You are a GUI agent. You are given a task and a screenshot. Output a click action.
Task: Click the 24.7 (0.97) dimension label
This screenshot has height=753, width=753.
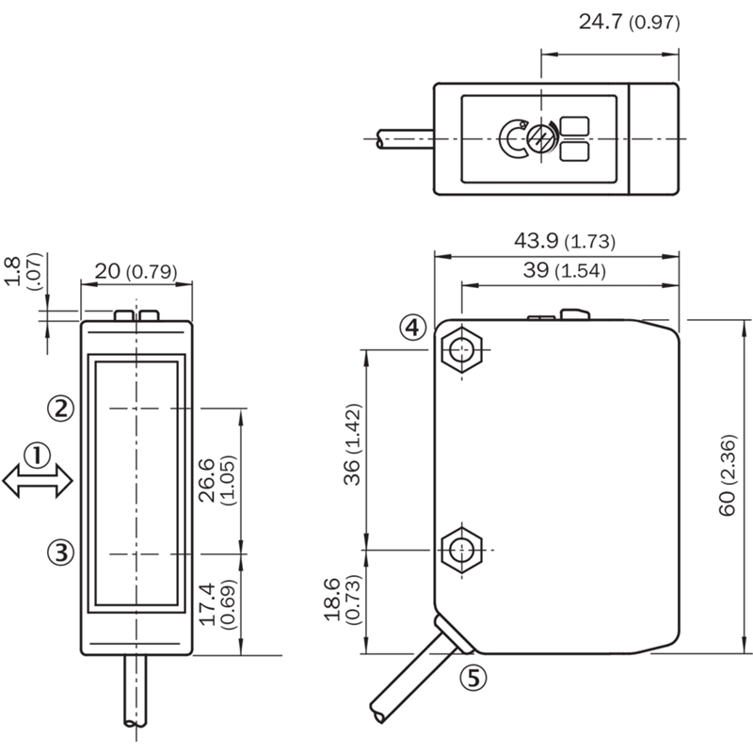(x=629, y=22)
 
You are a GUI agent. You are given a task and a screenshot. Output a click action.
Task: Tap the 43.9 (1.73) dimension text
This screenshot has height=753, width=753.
(x=565, y=241)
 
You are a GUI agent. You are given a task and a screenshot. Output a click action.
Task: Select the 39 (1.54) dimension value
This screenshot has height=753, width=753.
(x=564, y=270)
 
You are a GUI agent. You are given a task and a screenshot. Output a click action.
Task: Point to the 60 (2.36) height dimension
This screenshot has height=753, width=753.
(x=728, y=475)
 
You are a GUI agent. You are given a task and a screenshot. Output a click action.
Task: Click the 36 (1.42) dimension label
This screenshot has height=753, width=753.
(x=352, y=444)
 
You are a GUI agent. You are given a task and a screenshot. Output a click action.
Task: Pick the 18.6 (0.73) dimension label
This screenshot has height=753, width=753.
(x=342, y=600)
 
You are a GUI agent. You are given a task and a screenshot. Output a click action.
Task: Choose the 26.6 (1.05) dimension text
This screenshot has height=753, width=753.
(x=217, y=480)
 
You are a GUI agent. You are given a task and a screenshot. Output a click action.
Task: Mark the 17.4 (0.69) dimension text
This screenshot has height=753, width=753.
(x=217, y=604)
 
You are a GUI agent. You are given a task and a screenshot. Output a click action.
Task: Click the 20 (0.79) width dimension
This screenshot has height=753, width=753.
(x=136, y=272)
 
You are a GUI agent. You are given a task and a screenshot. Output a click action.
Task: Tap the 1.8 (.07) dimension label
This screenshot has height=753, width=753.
(x=23, y=271)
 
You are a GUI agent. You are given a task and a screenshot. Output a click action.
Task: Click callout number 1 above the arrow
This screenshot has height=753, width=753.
(x=37, y=455)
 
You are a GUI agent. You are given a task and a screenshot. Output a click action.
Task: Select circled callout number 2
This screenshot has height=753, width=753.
(x=60, y=409)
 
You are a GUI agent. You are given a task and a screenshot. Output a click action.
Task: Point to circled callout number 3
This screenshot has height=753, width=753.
(x=60, y=553)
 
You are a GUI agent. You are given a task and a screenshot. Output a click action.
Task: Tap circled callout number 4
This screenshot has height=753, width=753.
(x=413, y=328)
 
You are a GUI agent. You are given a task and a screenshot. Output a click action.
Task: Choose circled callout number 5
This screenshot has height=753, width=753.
(x=473, y=678)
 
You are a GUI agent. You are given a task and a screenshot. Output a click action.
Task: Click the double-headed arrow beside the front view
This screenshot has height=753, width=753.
(x=38, y=481)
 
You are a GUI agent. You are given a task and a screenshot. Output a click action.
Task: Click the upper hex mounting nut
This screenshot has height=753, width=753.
(x=461, y=349)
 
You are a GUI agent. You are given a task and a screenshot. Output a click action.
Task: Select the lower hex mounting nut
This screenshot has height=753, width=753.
(x=461, y=550)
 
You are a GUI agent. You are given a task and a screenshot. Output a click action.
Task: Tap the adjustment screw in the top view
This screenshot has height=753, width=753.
(x=540, y=138)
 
